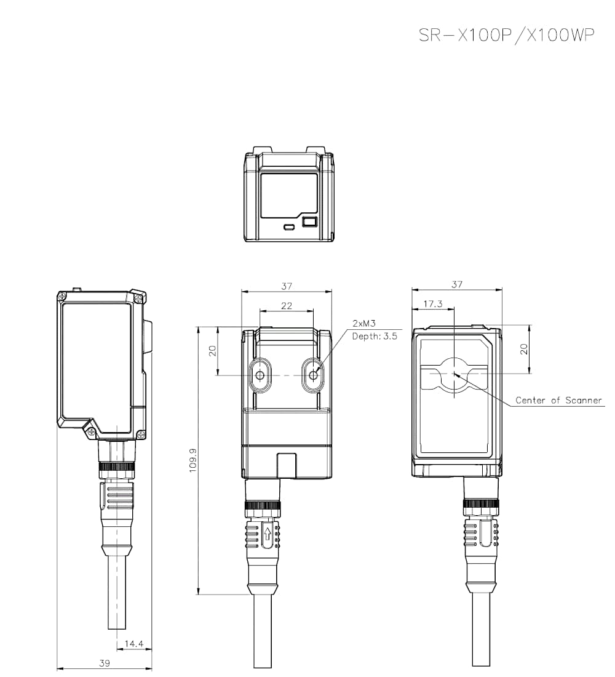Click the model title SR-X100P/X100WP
[506, 35]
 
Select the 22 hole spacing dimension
[287, 305]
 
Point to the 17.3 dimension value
[433, 304]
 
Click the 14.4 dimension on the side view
[133, 644]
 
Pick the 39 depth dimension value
[105, 663]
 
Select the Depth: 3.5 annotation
[375, 336]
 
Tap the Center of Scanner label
[558, 401]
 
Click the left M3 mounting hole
[260, 375]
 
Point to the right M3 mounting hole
[314, 375]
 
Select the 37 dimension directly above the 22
[287, 286]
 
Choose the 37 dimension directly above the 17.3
[456, 284]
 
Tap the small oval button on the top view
[289, 227]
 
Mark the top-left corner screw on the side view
[62, 297]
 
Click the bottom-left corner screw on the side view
[90, 433]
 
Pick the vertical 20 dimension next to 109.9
[213, 351]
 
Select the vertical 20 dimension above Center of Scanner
[524, 348]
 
